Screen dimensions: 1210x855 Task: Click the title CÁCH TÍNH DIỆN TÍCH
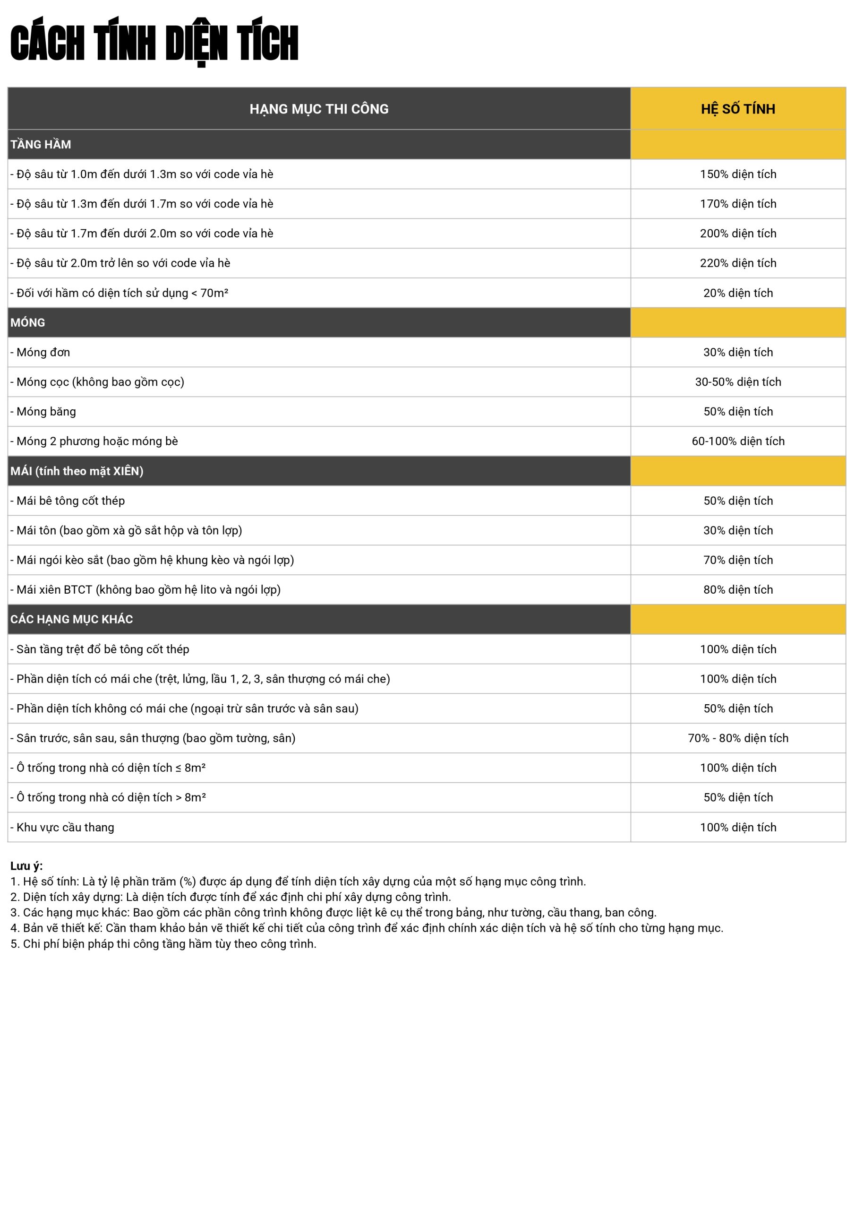coord(154,43)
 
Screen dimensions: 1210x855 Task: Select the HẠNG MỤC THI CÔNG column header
coord(319,109)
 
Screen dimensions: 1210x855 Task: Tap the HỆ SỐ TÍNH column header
coord(737,109)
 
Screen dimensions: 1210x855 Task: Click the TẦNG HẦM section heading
coord(41,145)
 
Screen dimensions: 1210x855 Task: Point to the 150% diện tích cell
coord(737,174)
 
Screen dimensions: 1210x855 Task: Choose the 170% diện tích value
coord(737,204)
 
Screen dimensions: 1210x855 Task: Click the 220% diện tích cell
coord(737,263)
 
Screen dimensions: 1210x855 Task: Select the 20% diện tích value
coord(737,293)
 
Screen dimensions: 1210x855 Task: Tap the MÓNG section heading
coord(28,322)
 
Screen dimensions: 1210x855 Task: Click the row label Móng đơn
coord(43,353)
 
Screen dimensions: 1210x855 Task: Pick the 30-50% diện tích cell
coord(737,382)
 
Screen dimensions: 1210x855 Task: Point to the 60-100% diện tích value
coord(737,441)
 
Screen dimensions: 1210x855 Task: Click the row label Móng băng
coord(46,412)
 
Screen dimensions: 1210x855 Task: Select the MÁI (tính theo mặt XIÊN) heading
coord(77,471)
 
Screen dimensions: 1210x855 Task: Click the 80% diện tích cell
coord(737,590)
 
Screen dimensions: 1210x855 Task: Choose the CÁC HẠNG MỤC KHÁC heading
coord(72,619)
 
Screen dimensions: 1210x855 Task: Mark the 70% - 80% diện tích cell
coord(737,738)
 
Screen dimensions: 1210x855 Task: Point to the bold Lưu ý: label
coord(26,866)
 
